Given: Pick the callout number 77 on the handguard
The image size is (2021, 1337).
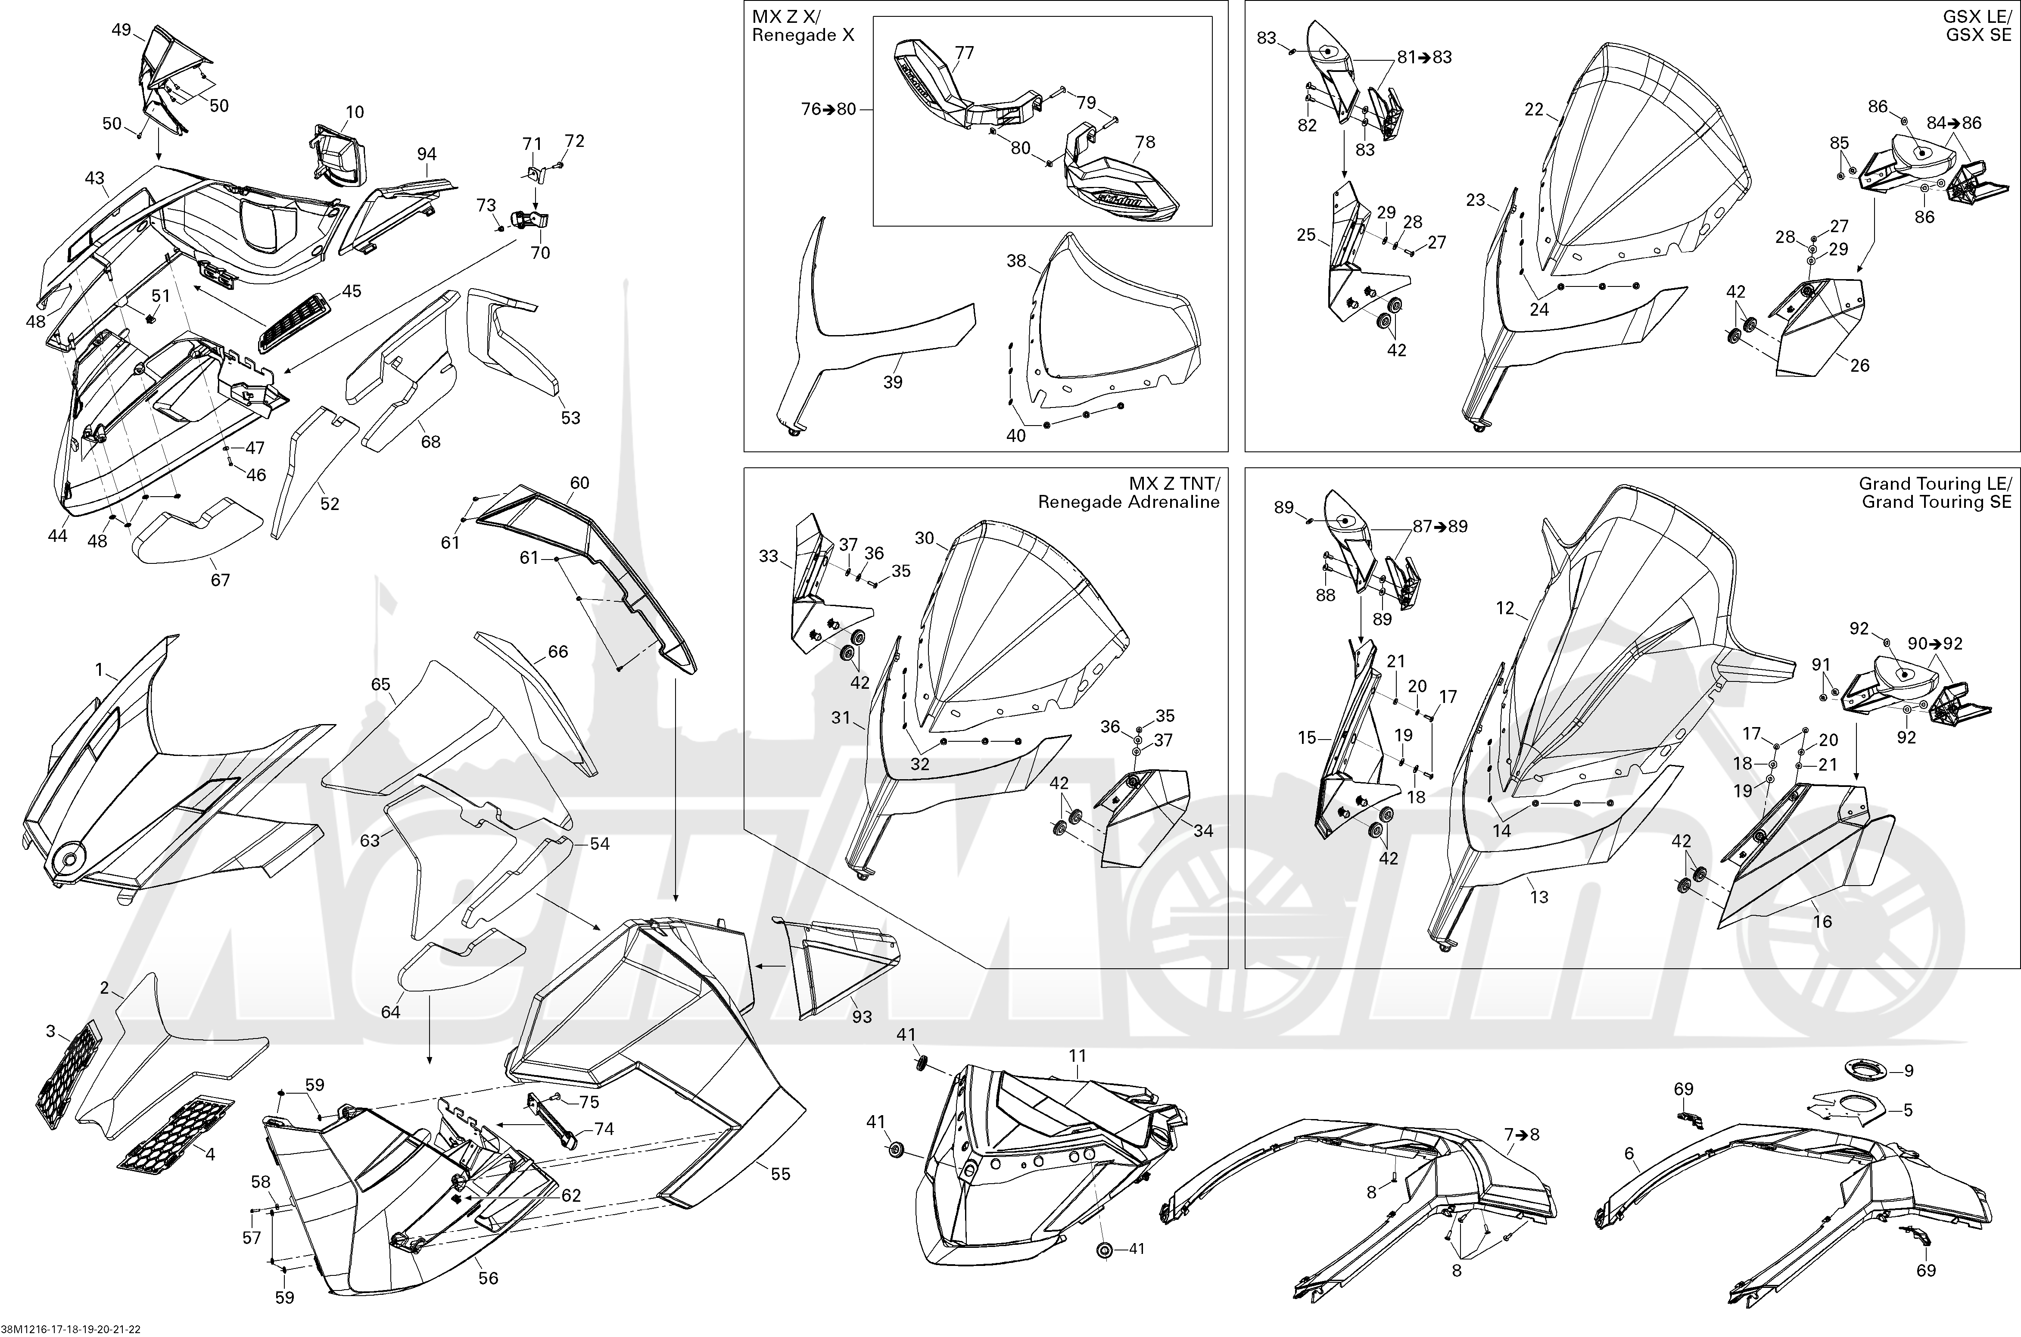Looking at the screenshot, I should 964,53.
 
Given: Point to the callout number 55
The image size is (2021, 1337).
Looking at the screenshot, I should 780,1174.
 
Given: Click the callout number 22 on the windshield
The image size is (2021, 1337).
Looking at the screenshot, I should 1534,109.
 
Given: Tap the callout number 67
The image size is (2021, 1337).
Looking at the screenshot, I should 220,580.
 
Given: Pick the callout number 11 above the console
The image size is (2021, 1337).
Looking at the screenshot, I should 1078,1056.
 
